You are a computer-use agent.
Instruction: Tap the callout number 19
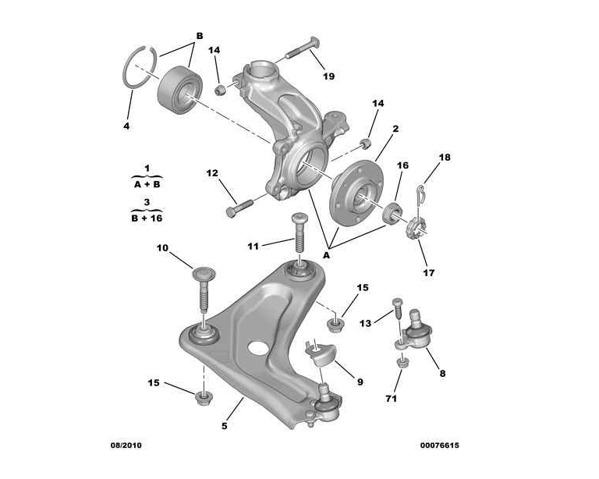click(328, 76)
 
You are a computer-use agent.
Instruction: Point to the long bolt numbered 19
click(299, 49)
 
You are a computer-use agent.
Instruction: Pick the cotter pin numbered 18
click(421, 191)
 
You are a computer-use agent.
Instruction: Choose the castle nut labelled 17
click(416, 229)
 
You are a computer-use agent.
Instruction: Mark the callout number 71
click(391, 399)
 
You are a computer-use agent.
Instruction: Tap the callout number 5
click(225, 425)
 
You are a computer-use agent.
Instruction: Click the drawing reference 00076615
click(439, 445)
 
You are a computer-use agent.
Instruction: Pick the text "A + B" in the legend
click(146, 185)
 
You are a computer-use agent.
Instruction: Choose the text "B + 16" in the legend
click(146, 218)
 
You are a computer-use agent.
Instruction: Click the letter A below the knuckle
click(327, 254)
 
